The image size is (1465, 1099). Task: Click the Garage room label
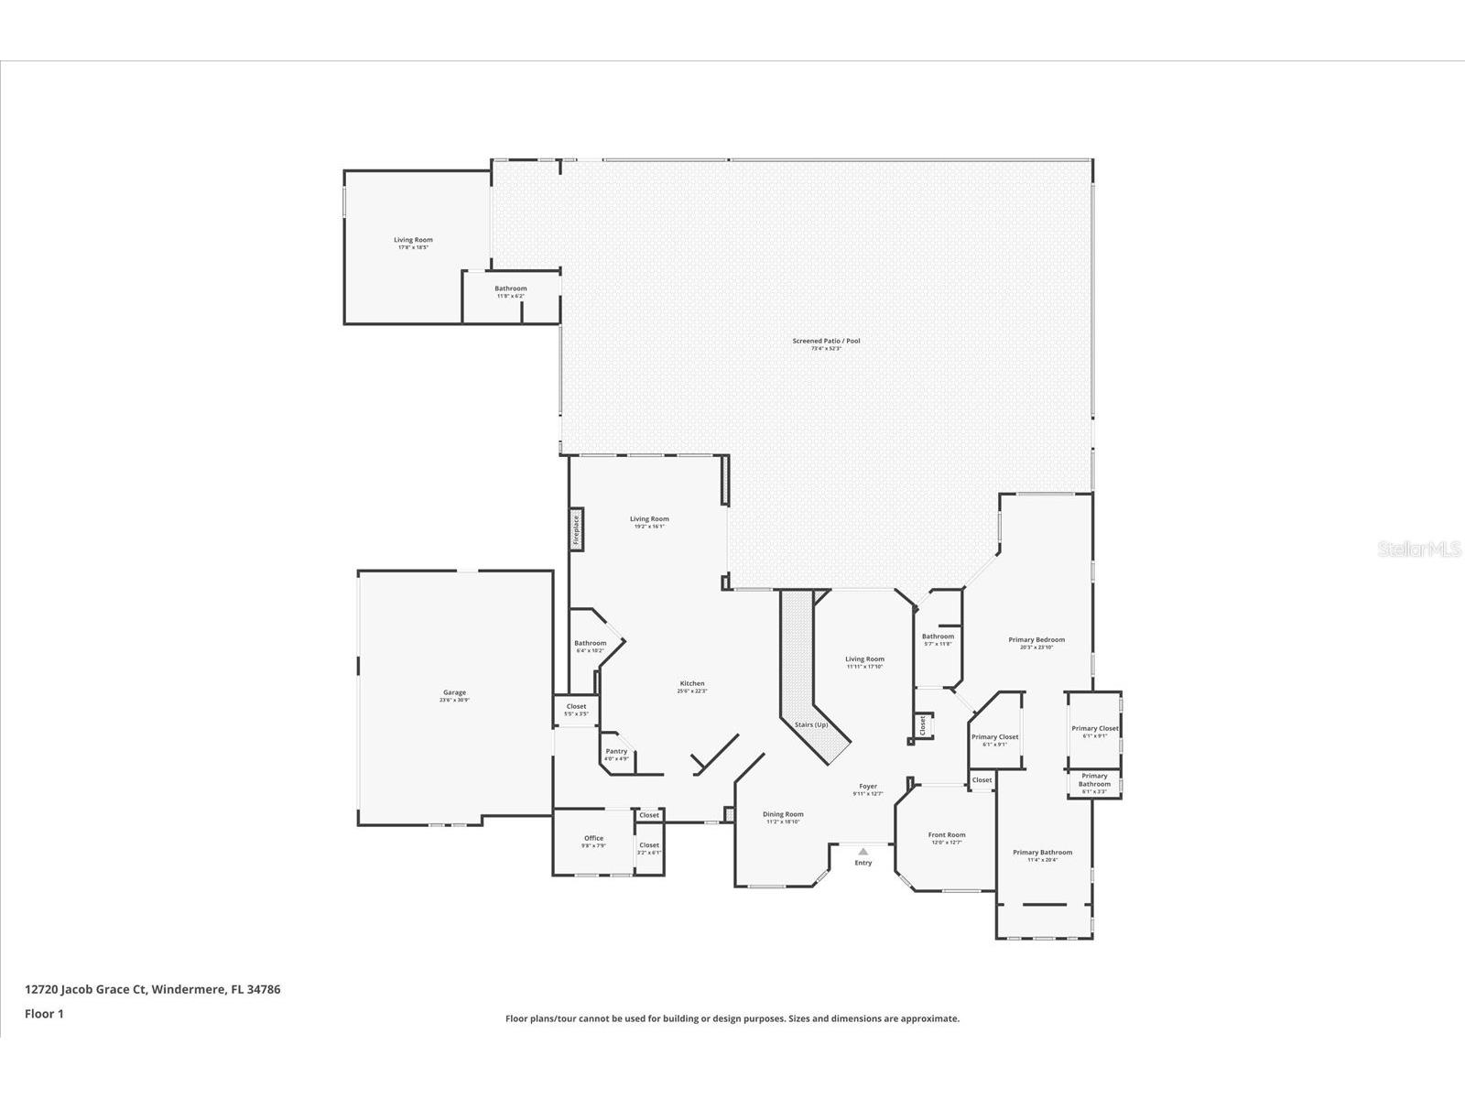coord(454,693)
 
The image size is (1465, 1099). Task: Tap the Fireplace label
coord(577,530)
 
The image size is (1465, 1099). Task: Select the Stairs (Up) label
coord(811,724)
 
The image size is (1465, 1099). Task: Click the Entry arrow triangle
coord(863,851)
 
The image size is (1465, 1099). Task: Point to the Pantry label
coord(616,752)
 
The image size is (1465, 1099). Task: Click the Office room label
coord(593,839)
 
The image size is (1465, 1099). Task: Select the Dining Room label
coord(783,815)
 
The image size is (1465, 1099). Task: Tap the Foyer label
coord(867,787)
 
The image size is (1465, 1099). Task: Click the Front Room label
coord(946,835)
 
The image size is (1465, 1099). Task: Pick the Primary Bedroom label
coord(1036,640)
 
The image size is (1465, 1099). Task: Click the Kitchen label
coord(692,684)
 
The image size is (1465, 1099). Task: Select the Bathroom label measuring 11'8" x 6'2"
coord(511,289)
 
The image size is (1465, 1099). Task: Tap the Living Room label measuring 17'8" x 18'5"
coord(413,241)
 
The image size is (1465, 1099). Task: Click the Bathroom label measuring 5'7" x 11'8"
coord(938,637)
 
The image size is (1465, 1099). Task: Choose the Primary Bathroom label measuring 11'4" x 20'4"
coord(1042,853)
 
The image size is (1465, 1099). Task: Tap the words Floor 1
coord(44,1014)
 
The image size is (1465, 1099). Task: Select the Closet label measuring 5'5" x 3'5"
coord(576,707)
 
